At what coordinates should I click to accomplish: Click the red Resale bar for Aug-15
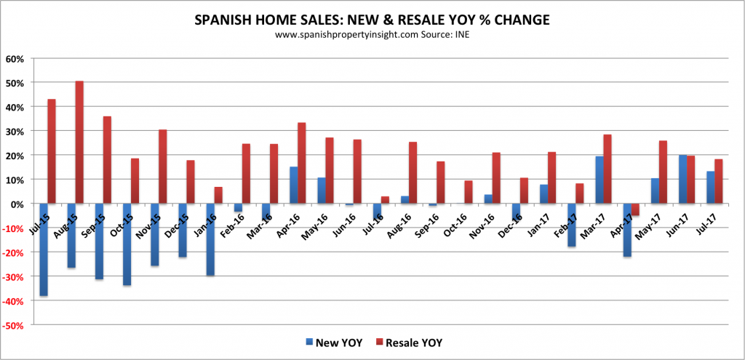79,142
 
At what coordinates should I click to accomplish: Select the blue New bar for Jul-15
44,249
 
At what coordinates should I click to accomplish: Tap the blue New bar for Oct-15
127,244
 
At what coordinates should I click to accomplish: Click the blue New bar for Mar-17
599,180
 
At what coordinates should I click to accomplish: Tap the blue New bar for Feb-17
572,225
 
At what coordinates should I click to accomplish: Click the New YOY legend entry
323,342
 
